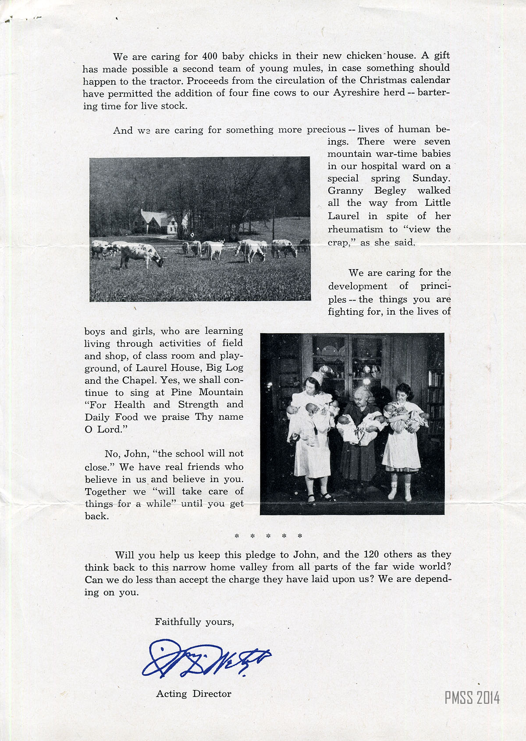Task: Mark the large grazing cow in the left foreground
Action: (139, 255)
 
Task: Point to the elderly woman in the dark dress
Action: (359, 434)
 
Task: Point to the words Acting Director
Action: (194, 694)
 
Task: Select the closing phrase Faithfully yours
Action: (194, 621)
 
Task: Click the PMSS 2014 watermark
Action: (472, 698)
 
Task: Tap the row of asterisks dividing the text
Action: (268, 536)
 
